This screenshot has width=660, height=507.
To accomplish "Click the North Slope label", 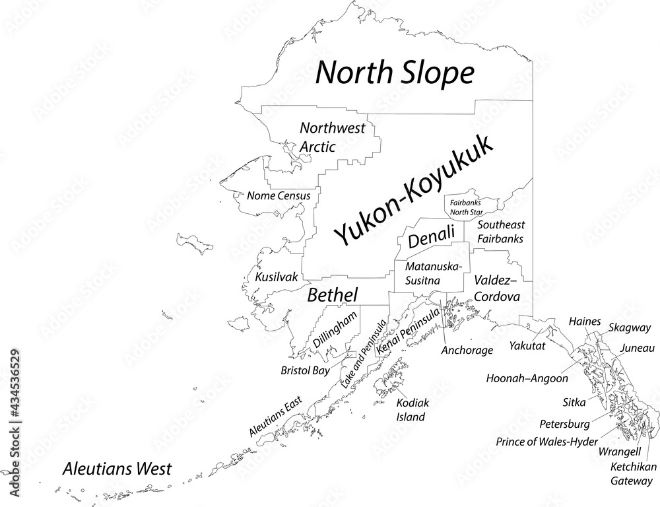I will point(395,73).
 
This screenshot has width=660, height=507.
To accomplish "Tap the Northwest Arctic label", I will point(332,137).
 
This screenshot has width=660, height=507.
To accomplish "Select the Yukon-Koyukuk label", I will point(414,190).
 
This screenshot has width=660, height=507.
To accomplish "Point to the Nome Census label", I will point(278,195).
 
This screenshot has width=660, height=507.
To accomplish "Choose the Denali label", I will point(431,237).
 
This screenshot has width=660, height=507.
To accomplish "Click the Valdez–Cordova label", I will point(496,288).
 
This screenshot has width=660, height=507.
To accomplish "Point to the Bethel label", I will point(333,295).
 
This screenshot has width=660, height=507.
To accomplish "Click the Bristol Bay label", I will point(305,370).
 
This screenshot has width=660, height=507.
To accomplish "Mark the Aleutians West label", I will point(117,469).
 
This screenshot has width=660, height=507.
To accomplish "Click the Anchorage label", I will point(467,350).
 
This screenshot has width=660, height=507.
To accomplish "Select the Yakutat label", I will point(527,345).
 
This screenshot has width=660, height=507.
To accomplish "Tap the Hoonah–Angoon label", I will point(527,379).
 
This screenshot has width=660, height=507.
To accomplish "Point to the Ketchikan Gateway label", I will point(630,473).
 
